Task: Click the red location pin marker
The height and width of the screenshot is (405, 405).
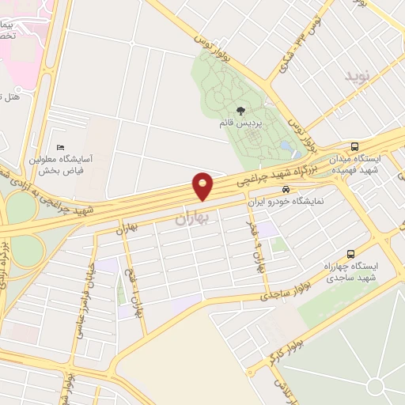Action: click(x=203, y=187)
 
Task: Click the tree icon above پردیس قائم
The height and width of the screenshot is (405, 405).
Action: click(x=240, y=111)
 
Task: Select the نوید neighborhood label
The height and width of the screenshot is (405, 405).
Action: click(x=357, y=77)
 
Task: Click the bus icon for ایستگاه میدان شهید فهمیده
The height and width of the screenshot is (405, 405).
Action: click(x=354, y=146)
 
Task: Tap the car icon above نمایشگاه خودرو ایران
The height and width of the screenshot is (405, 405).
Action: click(x=286, y=190)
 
